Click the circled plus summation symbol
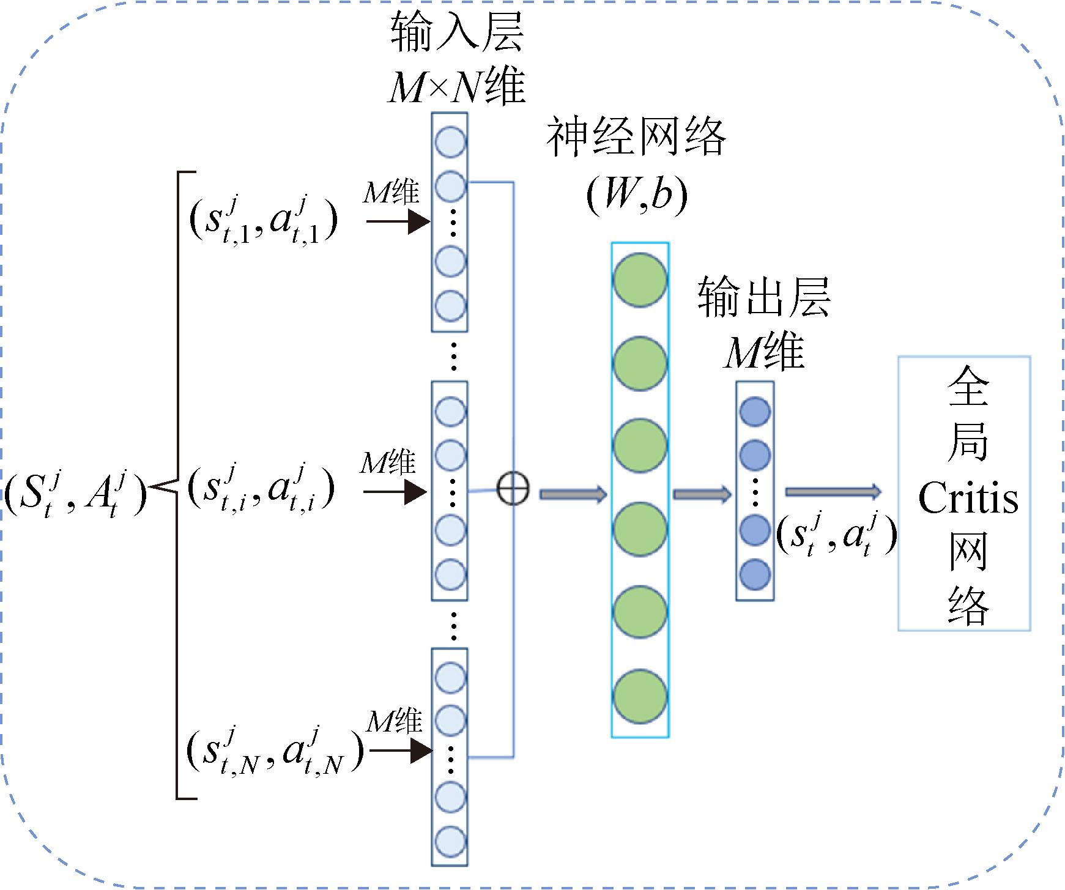coord(513,490)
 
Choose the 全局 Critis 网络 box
coord(964,493)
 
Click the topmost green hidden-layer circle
coord(640,280)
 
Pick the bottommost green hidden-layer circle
coord(640,697)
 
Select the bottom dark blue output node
coord(755,574)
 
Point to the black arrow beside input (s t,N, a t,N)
coord(401,751)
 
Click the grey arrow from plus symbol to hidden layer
coord(573,494)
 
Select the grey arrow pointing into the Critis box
coord(833,491)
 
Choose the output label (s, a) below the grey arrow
coord(836,533)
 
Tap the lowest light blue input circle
coord(451,841)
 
